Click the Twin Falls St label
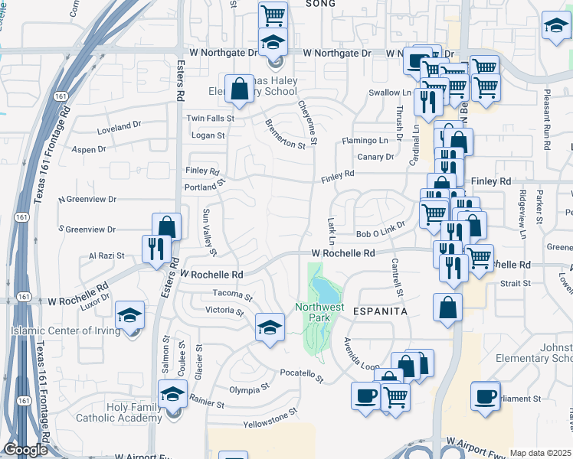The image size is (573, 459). [211, 119]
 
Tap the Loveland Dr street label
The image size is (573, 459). [120, 124]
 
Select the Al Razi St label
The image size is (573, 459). [106, 256]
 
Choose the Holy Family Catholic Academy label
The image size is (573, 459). [135, 412]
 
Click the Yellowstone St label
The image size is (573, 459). [270, 416]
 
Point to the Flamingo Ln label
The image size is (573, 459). [365, 141]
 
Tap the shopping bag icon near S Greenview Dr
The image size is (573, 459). [167, 226]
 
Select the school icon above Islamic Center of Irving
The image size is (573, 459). [129, 315]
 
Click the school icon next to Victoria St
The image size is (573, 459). [270, 328]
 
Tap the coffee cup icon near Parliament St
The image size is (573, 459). [486, 396]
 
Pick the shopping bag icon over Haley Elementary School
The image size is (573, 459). [240, 88]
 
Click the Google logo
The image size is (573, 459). [25, 450]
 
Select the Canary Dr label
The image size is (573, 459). [375, 157]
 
